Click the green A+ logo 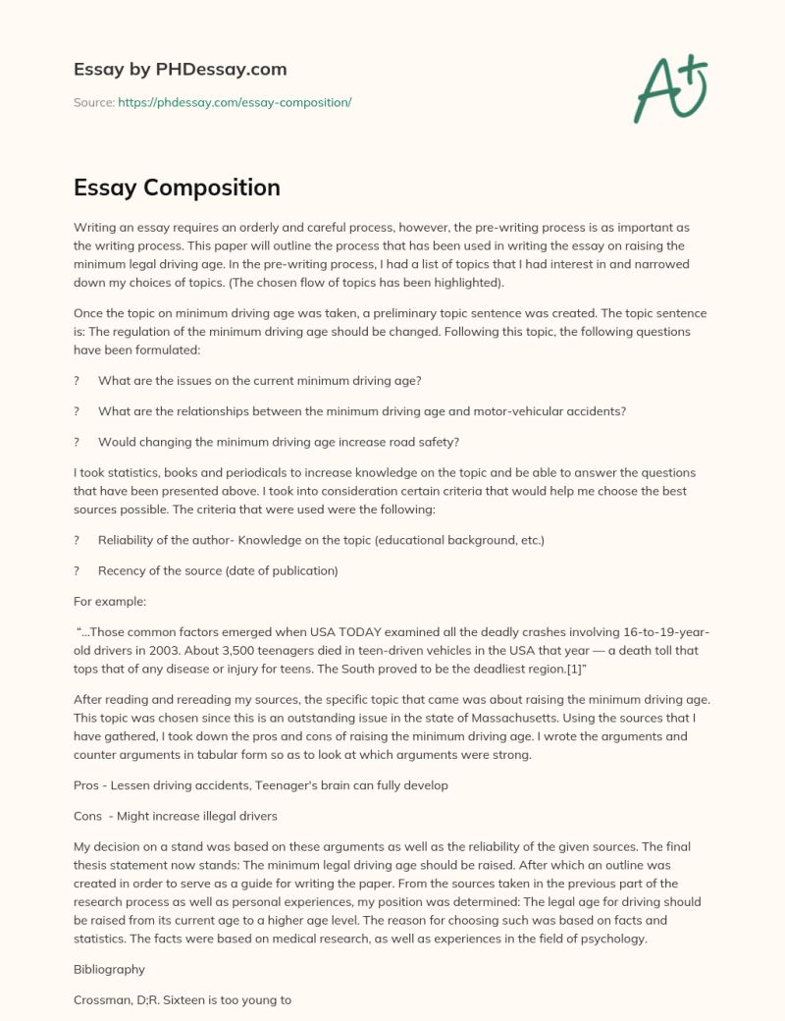coord(671,89)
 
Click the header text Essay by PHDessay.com coord(180,70)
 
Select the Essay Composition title coord(177,187)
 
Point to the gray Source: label coord(93,102)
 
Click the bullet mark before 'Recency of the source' coord(77,570)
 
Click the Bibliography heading coord(109,968)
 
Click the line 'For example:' coord(107,602)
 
